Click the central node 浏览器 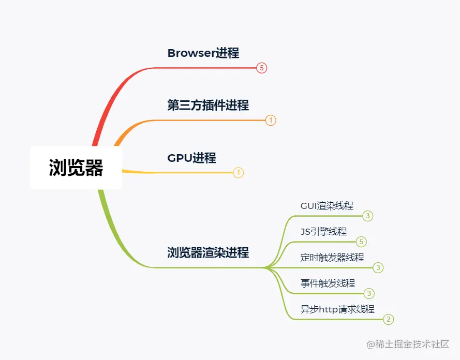(x=76, y=168)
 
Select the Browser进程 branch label (x=203, y=53)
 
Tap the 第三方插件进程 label (x=208, y=105)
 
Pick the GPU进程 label (x=191, y=158)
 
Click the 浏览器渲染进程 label (x=208, y=252)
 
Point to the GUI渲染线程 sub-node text (x=327, y=205)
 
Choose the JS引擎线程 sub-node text (x=323, y=231)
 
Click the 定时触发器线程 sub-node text (x=332, y=257)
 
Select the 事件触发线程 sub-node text (x=328, y=283)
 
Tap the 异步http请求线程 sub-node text (x=337, y=309)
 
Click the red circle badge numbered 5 (x=262, y=68)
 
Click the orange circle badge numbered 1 (x=271, y=121)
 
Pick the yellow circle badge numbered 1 (x=238, y=173)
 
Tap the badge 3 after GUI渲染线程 (x=368, y=216)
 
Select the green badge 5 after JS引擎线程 (x=362, y=242)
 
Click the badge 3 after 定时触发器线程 (x=378, y=267)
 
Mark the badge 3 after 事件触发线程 (x=369, y=293)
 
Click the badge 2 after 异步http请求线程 (x=388, y=319)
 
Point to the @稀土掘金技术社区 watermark (x=407, y=344)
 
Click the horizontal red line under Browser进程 (x=207, y=68)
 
